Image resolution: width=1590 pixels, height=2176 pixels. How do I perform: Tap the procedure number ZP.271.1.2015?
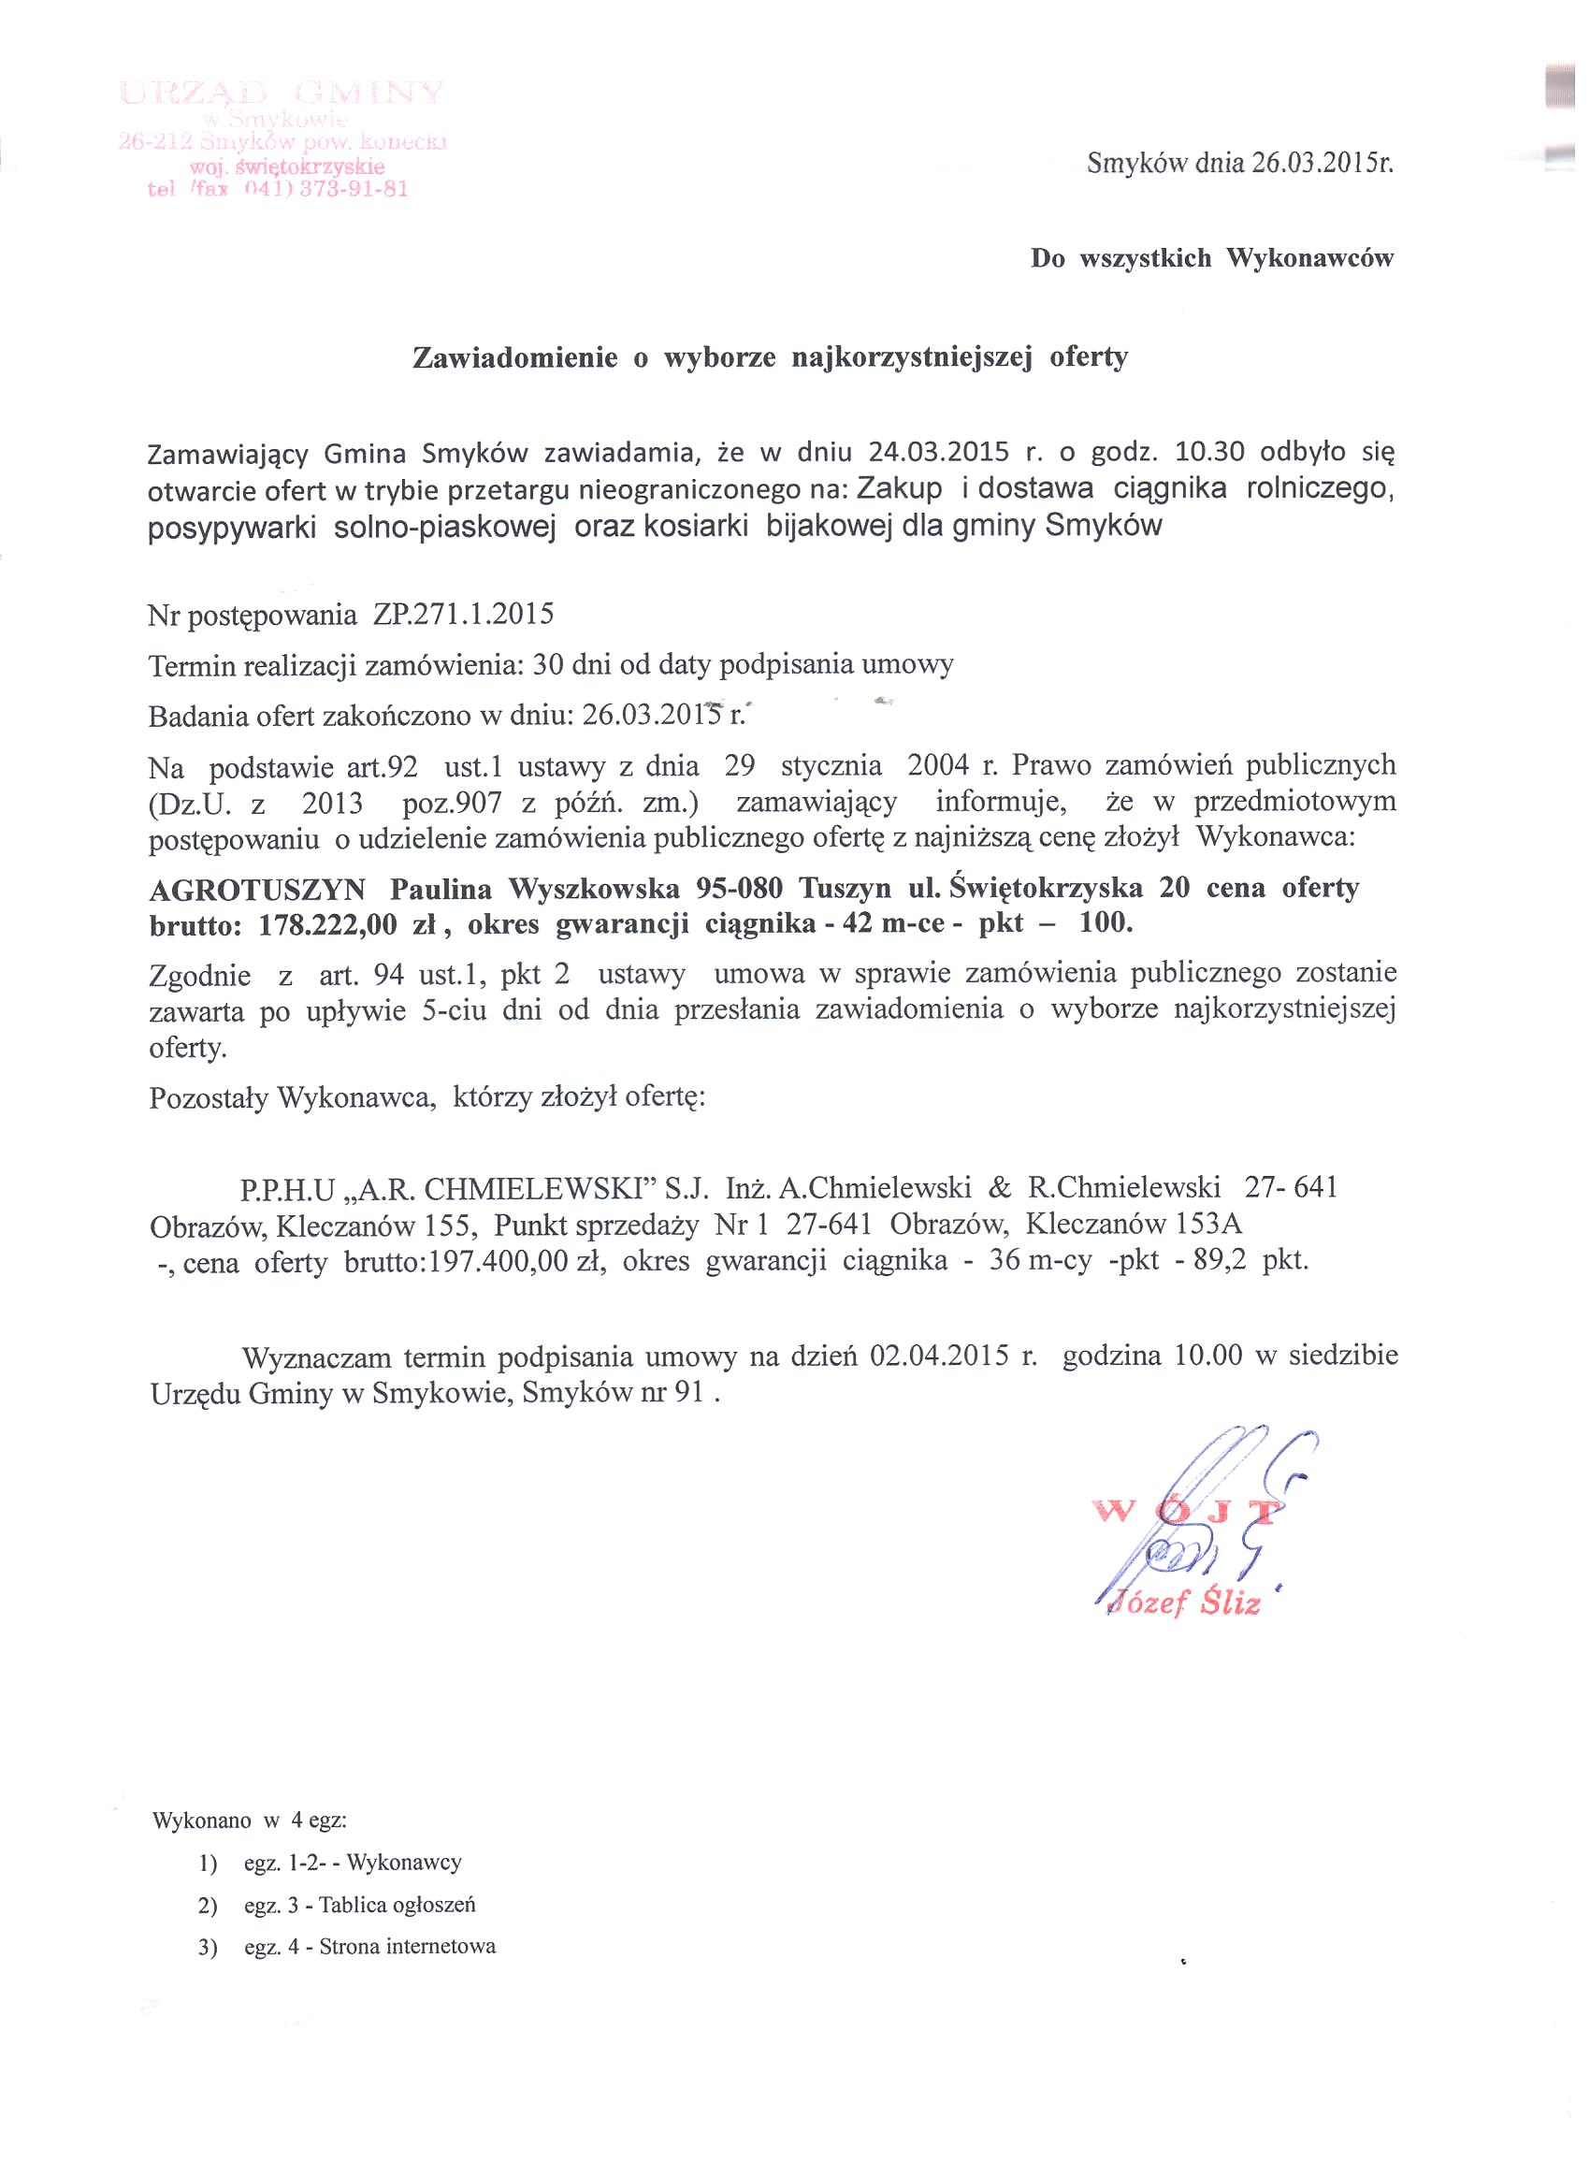457,614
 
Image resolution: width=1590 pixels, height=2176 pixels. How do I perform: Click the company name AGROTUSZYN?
257,889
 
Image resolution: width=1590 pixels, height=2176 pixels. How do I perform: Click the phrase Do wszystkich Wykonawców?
1212,259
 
